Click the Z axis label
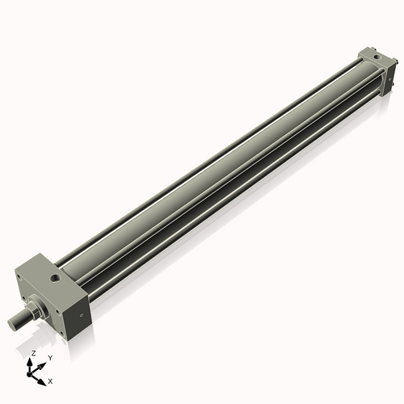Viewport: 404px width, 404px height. click(32, 354)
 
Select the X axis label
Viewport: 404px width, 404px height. click(51, 380)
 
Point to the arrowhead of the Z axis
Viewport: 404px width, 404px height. click(32, 361)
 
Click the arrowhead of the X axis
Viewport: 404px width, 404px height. click(42, 377)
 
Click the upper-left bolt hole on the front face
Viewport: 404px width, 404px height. click(19, 276)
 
